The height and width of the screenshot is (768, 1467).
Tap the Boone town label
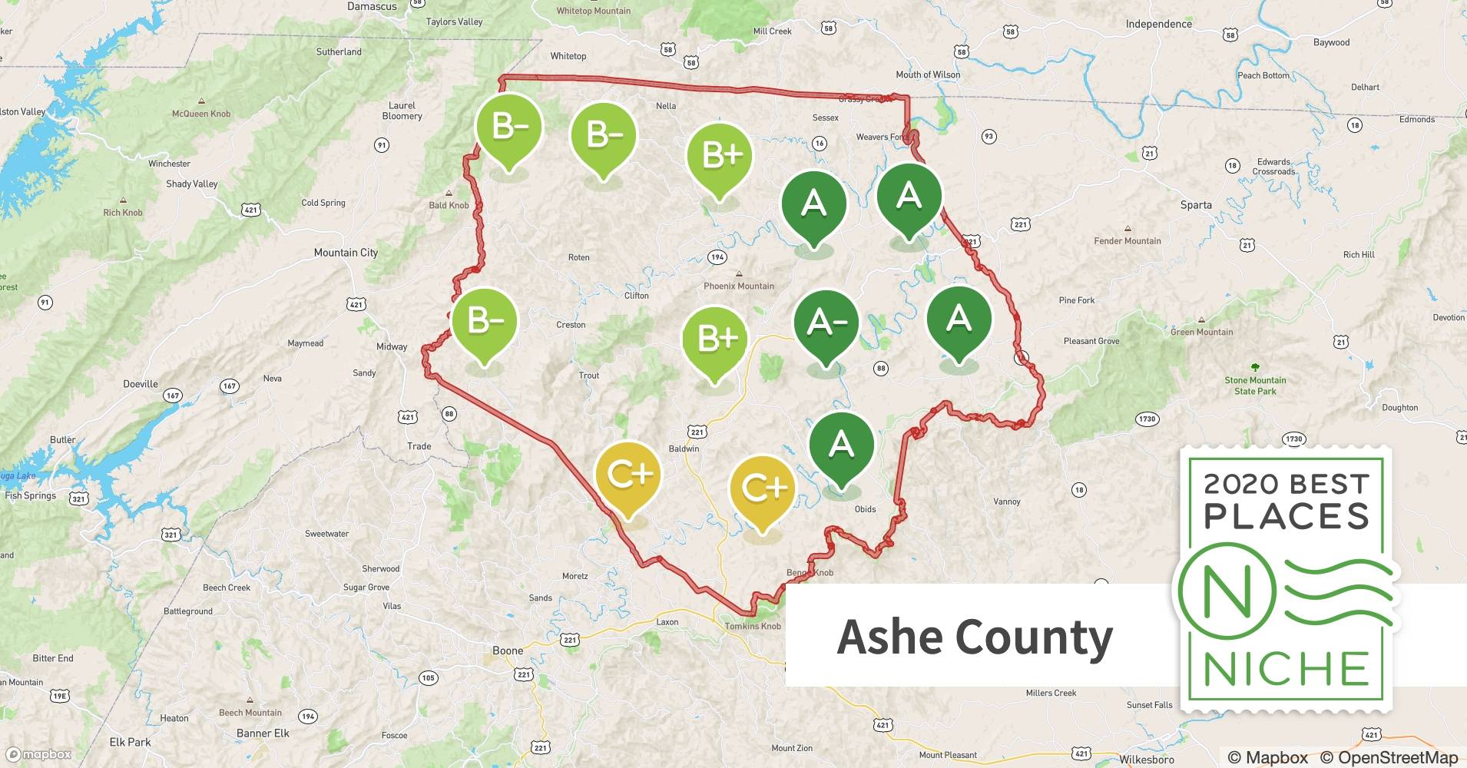tap(508, 650)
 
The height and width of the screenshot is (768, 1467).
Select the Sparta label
tap(1196, 205)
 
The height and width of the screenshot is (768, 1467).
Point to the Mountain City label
tap(346, 253)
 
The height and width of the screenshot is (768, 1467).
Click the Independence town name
tap(1158, 24)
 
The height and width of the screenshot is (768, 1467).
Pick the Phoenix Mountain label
tap(739, 286)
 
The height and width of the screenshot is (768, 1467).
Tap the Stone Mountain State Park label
tap(1255, 386)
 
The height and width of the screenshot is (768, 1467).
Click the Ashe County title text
tap(975, 637)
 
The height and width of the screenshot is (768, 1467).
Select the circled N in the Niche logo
tap(1227, 591)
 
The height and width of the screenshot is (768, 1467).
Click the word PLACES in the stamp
tap(1287, 517)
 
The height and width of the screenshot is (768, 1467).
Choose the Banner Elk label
tap(263, 733)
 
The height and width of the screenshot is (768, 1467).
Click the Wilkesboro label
tap(1146, 760)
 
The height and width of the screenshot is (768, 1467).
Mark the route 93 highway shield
tap(988, 137)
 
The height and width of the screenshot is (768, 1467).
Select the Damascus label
tap(372, 7)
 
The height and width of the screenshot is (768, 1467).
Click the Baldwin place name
tap(684, 449)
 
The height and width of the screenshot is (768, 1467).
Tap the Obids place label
tap(865, 509)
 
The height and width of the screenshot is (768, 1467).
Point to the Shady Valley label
tap(192, 184)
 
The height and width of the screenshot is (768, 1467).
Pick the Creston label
tap(571, 325)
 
